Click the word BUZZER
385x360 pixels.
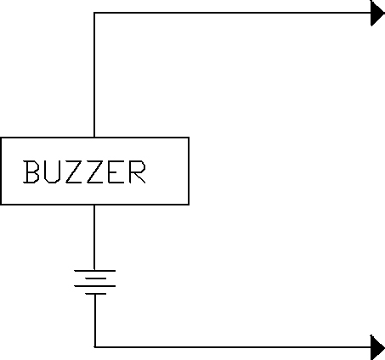pos(84,172)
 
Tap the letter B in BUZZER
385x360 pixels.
pos(31,172)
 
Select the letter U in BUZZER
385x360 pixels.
pos(52,172)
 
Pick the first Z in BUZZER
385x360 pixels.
pos(73,172)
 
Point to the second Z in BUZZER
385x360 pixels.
pos(94,172)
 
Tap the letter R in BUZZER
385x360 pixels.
pos(138,172)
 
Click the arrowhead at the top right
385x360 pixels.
pos(377,13)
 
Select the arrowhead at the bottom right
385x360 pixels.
pos(377,347)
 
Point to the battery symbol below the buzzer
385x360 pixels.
pos(95,282)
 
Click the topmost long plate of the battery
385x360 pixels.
pos(95,271)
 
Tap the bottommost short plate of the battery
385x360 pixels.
pos(96,294)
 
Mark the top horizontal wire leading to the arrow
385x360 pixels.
pos(232,13)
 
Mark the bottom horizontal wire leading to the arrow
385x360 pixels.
pos(233,346)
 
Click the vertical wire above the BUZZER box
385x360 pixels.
pos(94,75)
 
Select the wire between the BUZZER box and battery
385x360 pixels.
pos(94,237)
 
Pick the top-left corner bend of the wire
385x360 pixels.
pos(94,13)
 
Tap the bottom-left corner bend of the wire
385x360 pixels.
pos(95,346)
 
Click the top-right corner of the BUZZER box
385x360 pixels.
pos(189,138)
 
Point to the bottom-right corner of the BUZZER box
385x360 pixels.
pos(189,204)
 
